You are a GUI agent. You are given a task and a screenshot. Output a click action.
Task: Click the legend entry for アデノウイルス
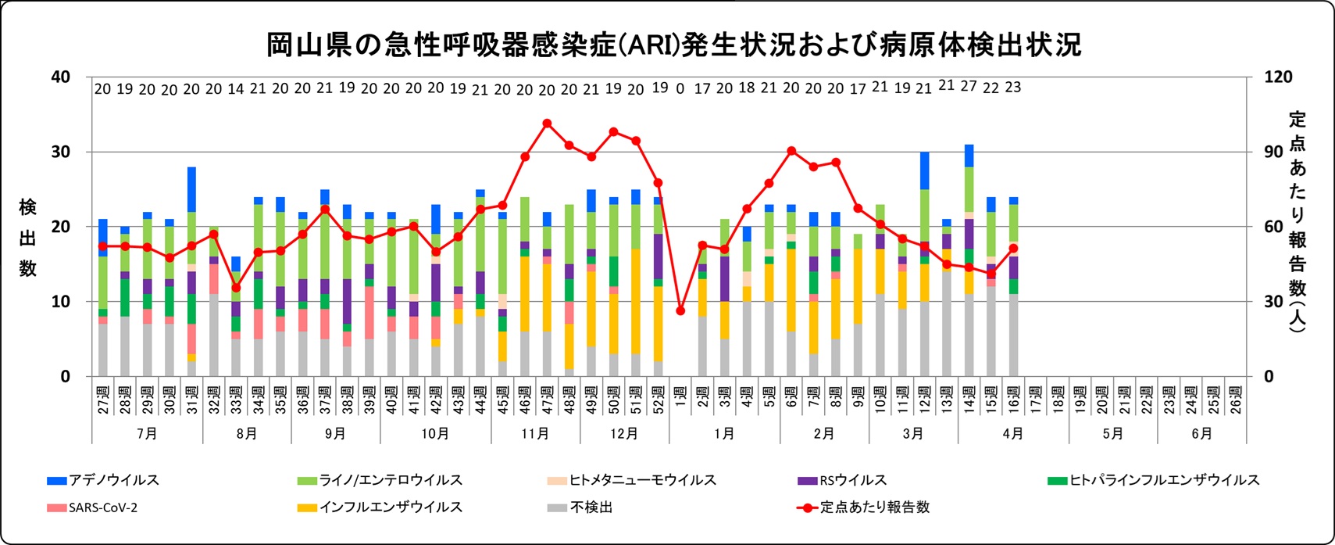[x=114, y=480]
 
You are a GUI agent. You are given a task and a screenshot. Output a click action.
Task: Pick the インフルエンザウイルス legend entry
[x=391, y=507]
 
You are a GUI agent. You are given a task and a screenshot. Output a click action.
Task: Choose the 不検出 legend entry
[x=591, y=507]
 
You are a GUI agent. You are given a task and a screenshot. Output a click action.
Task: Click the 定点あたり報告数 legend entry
[x=874, y=507]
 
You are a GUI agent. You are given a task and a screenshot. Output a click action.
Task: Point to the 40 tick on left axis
[x=60, y=77]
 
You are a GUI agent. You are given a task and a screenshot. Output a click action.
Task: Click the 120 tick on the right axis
[x=1278, y=77]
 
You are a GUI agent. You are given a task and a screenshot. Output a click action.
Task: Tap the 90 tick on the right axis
[x=1274, y=152]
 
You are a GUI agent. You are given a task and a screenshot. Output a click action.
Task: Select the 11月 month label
[x=535, y=433]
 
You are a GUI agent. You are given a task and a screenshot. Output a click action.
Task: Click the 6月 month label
[x=1201, y=433]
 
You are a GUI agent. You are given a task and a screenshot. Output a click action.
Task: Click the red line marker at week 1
[x=680, y=310]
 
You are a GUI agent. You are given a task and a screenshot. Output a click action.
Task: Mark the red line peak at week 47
[x=547, y=123]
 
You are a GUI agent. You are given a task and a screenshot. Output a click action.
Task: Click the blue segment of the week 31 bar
[x=191, y=189]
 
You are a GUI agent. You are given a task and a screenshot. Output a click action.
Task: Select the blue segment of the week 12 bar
[x=925, y=170]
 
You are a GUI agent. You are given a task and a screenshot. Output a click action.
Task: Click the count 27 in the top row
[x=969, y=87]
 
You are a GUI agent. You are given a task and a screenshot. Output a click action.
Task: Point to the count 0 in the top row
[x=680, y=89]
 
